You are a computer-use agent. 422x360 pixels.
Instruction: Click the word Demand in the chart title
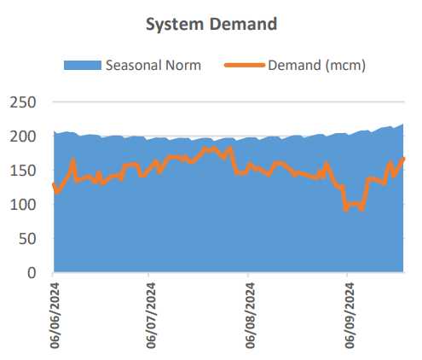(244, 24)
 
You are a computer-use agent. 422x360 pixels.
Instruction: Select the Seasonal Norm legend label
(153, 65)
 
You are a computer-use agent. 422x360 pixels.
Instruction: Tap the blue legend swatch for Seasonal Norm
(83, 65)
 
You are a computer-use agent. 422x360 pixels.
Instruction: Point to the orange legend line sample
(245, 65)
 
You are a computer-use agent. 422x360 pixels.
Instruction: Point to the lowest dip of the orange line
(345, 210)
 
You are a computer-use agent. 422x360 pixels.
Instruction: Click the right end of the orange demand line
(403, 158)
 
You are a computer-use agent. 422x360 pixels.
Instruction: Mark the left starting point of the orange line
(55, 183)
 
